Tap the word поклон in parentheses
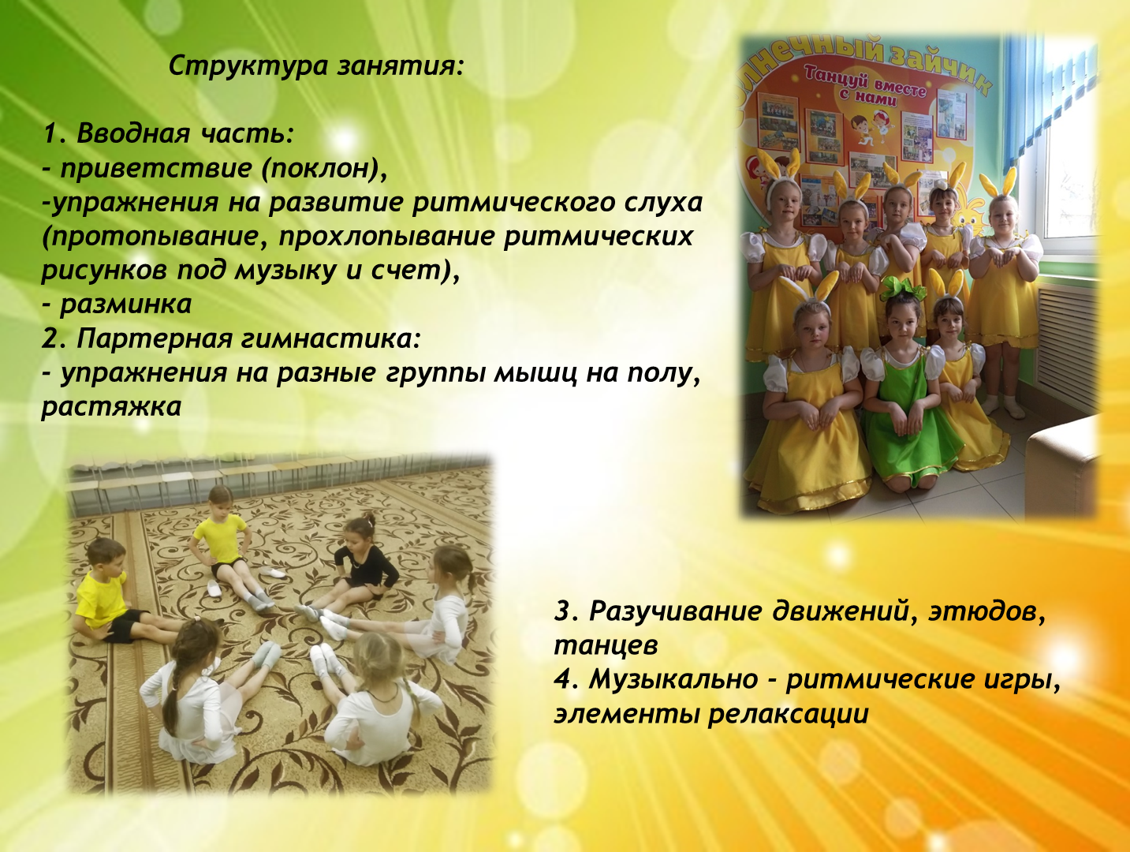coord(321,168)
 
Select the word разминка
coord(126,305)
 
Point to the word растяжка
coord(111,407)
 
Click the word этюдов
coord(987,611)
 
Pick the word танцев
coord(606,645)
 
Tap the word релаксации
coord(789,715)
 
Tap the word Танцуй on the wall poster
coord(834,75)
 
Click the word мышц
coord(535,372)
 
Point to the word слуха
coord(664,202)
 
